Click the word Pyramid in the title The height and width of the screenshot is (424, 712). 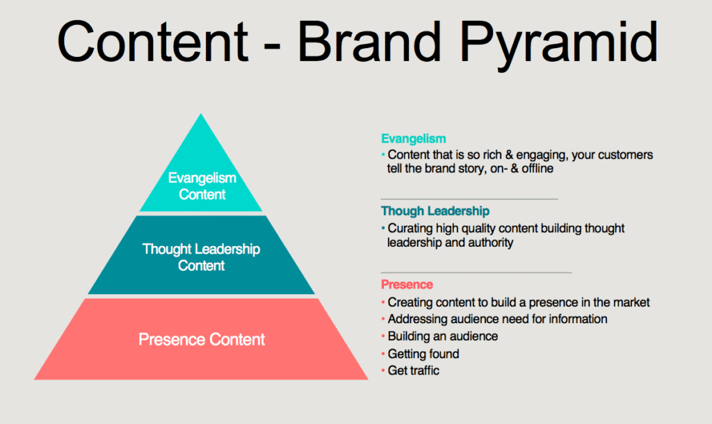point(559,44)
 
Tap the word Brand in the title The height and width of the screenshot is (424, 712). point(369,41)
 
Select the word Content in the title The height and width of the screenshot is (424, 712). point(152,41)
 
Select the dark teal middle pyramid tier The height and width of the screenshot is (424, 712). point(201,254)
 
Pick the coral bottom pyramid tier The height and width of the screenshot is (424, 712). point(201,339)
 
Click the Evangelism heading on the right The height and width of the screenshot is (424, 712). point(413,138)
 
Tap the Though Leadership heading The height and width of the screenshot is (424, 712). point(435,211)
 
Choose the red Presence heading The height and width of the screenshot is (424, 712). point(407,284)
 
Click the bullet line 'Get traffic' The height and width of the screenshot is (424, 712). point(413,370)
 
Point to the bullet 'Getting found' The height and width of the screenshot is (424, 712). point(423,354)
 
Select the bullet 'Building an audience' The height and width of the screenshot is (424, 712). point(443,336)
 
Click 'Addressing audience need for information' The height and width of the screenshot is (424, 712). point(497,318)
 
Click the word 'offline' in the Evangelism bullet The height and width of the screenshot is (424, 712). point(537,168)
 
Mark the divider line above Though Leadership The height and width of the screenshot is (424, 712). point(469,199)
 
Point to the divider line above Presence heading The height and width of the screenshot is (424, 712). point(476,272)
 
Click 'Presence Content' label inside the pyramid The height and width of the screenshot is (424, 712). point(202,339)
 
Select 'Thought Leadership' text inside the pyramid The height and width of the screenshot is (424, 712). point(201,250)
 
